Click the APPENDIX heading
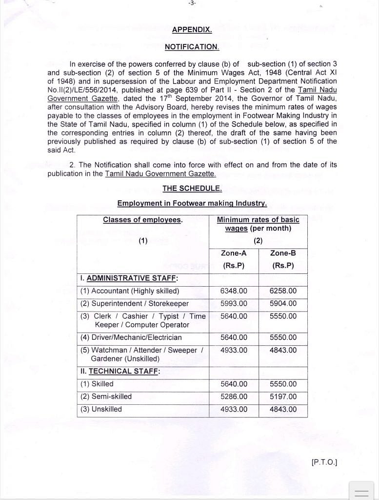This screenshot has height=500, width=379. pos(192,30)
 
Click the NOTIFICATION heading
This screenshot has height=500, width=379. pos(192,47)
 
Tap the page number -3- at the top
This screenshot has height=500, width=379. pos(192,3)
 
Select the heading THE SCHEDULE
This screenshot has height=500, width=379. pos(192,188)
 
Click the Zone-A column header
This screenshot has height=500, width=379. pos(234,253)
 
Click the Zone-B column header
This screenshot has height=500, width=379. pos(283,253)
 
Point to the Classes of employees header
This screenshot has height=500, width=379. pos(142,220)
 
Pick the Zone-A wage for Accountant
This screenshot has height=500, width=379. pos(234,291)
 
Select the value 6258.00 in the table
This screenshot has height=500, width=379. pos(283,291)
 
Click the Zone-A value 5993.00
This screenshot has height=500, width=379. pos(234,304)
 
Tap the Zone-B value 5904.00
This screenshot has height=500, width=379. pos(283,304)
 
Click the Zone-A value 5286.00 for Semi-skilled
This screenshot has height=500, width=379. pos(234,396)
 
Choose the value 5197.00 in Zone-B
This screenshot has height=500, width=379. pos(283,396)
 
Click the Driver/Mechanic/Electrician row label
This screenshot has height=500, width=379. pos(131,337)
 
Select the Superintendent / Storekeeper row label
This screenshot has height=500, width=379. pos(134,304)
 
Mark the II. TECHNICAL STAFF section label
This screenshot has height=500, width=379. pos(120,371)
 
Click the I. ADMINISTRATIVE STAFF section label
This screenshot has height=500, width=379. pos(129,278)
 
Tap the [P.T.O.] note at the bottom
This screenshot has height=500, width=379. pos(324,461)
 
